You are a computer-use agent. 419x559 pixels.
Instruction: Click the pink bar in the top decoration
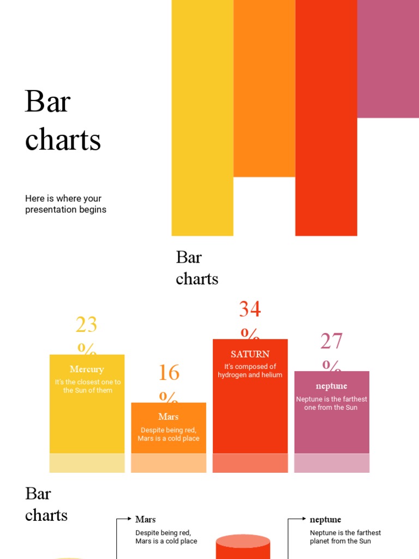(388, 58)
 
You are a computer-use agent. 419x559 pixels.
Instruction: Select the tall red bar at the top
(326, 117)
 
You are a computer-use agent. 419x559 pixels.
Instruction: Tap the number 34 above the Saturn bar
(250, 310)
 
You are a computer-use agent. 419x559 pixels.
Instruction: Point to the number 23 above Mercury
(86, 325)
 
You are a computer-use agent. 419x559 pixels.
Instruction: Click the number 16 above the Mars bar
(169, 373)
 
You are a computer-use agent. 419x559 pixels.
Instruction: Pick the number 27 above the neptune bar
(331, 341)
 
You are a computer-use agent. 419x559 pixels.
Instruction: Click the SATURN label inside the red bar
(250, 354)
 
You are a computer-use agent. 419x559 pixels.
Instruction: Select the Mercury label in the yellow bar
(87, 370)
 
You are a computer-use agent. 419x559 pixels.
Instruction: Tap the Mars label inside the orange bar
(169, 417)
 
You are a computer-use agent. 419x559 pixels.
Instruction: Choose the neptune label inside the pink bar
(331, 386)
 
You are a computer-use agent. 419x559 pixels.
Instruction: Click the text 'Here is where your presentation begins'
(65, 204)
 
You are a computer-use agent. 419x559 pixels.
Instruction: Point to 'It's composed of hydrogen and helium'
(250, 371)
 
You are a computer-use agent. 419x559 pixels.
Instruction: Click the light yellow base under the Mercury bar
(87, 463)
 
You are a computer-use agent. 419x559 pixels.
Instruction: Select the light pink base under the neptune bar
(332, 463)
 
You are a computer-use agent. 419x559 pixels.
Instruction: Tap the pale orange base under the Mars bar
(169, 463)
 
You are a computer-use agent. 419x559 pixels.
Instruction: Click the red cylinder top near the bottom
(243, 540)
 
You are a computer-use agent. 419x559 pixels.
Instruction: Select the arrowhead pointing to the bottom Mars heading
(131, 519)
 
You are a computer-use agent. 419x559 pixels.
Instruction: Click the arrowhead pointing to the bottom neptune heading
(303, 519)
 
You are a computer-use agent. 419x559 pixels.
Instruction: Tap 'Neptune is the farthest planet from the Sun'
(345, 537)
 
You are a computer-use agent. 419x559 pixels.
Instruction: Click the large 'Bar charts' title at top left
(63, 121)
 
